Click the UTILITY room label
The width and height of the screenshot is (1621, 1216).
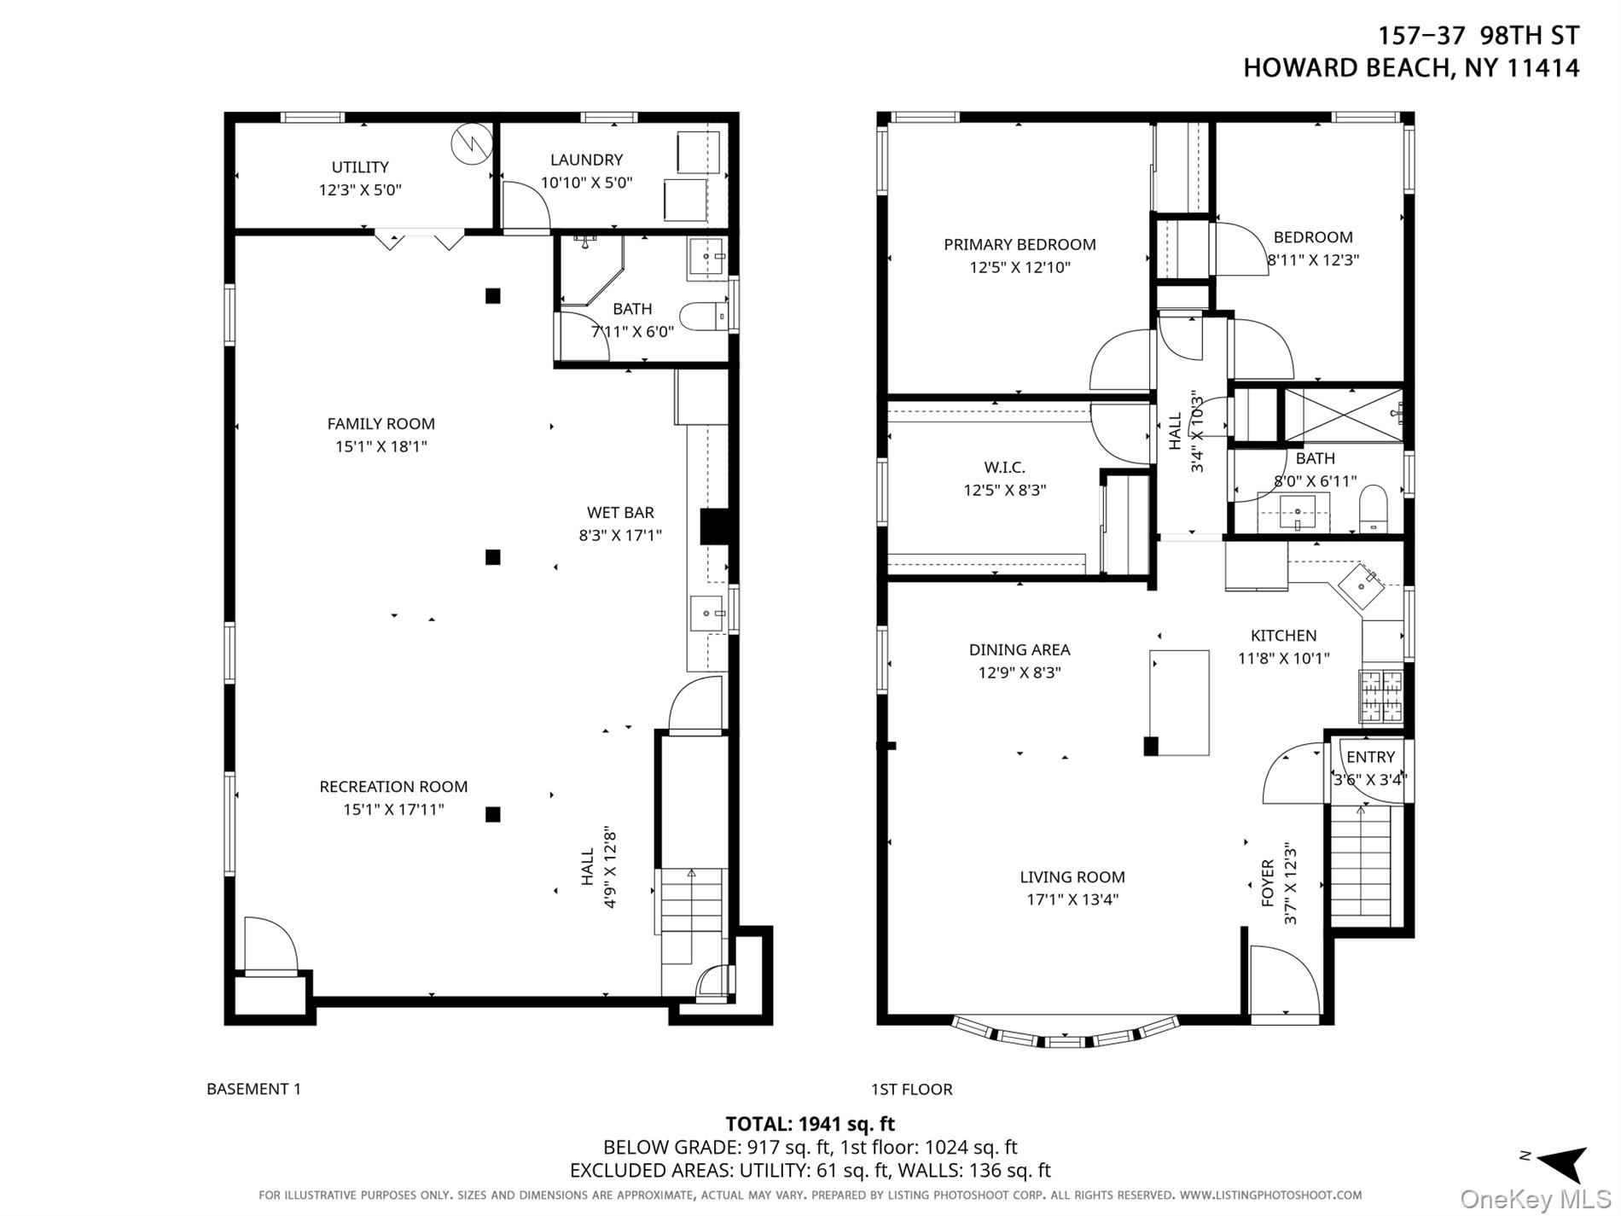pyautogui.click(x=360, y=167)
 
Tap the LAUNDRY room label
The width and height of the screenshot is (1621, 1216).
pyautogui.click(x=586, y=160)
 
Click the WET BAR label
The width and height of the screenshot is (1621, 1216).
pyautogui.click(x=620, y=513)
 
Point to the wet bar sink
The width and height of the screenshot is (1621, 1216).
pyautogui.click(x=708, y=613)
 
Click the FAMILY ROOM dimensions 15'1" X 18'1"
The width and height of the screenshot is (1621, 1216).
pyautogui.click(x=381, y=446)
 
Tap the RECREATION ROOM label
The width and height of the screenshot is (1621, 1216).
pyautogui.click(x=393, y=787)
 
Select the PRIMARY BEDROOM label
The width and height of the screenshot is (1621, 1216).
pyautogui.click(x=1020, y=245)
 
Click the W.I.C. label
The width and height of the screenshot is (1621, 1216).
pyautogui.click(x=1004, y=468)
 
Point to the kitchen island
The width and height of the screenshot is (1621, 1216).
pyautogui.click(x=1179, y=702)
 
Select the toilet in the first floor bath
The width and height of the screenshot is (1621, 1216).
pyautogui.click(x=1373, y=509)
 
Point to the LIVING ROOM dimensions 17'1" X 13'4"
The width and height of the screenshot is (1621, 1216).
pyautogui.click(x=1072, y=899)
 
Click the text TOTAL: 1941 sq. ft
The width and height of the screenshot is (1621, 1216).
pyautogui.click(x=810, y=1124)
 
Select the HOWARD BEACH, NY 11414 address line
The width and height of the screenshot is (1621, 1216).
pyautogui.click(x=1411, y=68)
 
